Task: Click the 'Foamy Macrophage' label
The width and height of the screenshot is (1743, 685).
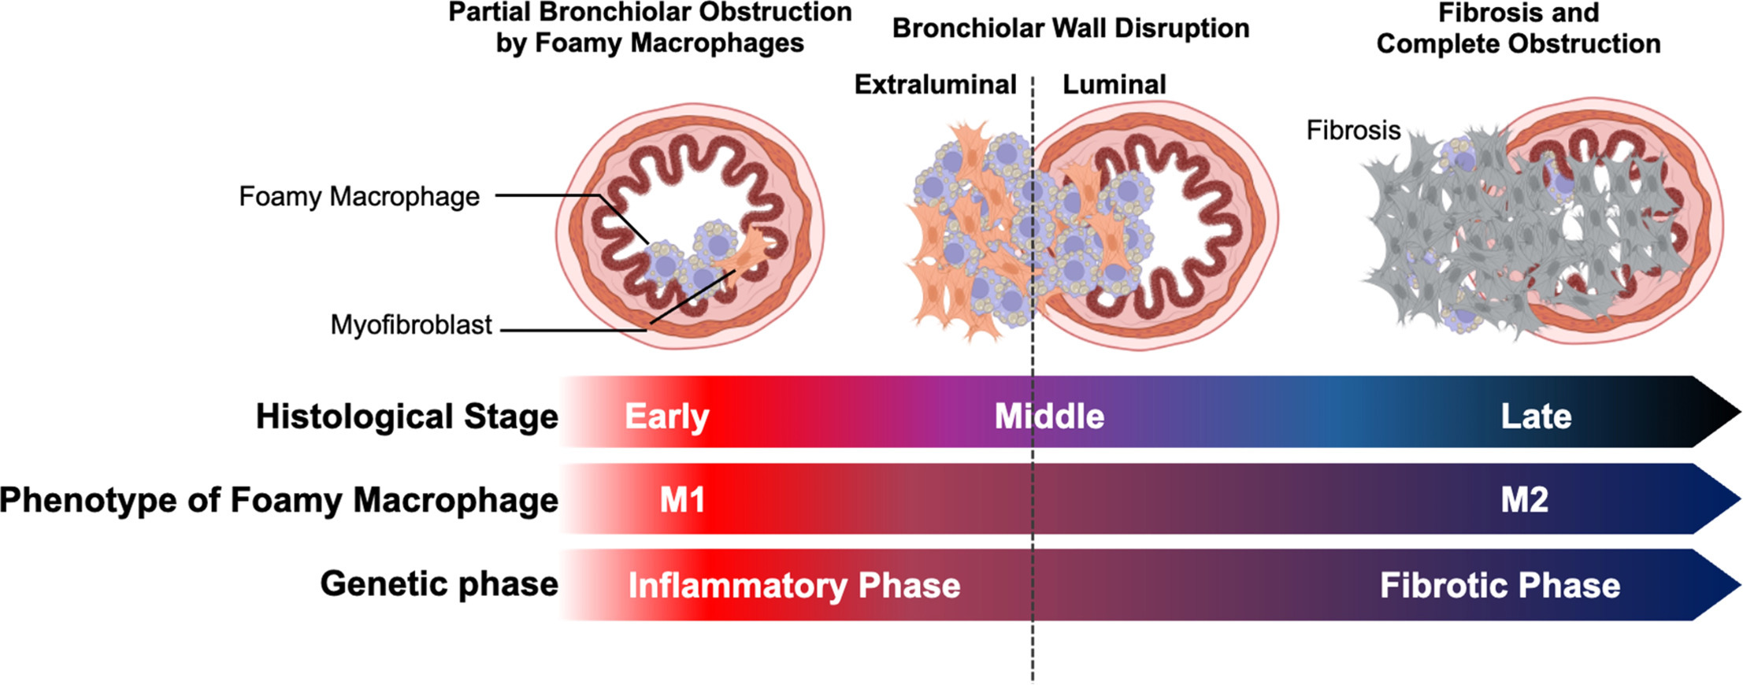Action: [359, 196]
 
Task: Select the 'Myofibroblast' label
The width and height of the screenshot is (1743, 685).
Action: [410, 324]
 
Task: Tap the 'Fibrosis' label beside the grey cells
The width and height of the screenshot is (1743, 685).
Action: [1353, 130]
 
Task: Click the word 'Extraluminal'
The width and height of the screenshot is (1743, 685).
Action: [935, 84]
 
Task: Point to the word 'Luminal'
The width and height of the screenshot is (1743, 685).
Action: [1114, 84]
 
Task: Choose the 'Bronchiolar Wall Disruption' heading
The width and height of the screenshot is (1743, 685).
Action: [1070, 28]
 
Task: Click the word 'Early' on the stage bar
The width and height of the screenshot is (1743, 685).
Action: [666, 417]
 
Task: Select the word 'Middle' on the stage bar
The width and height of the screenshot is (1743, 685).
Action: [1049, 417]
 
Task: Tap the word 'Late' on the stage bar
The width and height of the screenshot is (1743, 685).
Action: [1536, 417]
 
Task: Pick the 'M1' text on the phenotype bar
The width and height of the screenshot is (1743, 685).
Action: [682, 500]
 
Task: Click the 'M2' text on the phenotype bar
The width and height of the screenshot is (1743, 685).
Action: [1524, 500]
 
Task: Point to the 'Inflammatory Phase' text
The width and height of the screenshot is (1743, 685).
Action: [794, 586]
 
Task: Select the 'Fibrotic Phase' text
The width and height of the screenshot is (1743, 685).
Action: [1500, 586]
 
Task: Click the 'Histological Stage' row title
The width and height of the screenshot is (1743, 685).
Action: [406, 417]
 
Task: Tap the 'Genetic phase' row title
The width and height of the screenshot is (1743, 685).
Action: [439, 584]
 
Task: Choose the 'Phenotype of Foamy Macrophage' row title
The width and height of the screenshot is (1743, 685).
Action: [279, 500]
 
